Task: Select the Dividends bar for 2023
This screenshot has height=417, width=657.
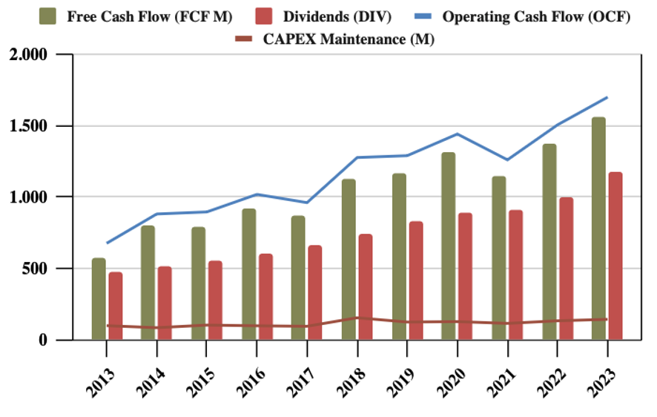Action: coord(615,256)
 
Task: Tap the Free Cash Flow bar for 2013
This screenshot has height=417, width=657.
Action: coord(99,299)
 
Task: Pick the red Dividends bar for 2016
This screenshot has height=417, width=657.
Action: coord(265,297)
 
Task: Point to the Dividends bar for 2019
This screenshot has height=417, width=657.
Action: coord(416,280)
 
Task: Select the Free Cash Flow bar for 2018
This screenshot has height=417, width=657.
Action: coord(349,260)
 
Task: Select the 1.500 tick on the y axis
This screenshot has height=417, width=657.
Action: coord(30,125)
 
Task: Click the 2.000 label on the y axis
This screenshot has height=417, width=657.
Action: coord(30,54)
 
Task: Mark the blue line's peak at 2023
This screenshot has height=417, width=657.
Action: coord(607,97)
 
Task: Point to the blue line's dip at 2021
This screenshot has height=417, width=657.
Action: coord(507,160)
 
